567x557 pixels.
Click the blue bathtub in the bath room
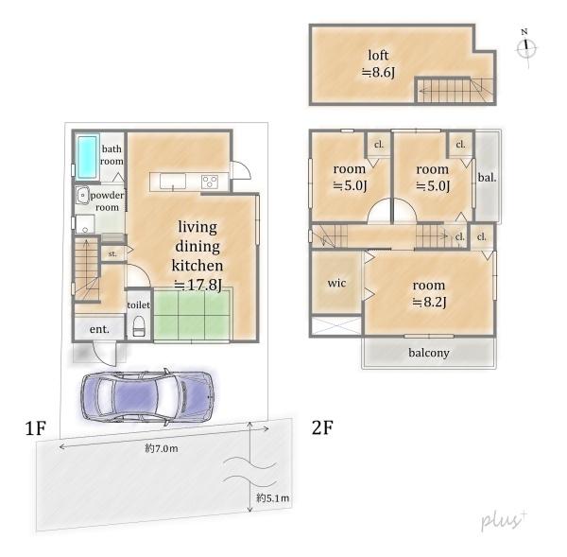point(88,157)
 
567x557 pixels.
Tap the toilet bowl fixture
point(139,326)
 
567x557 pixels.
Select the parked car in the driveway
point(147,396)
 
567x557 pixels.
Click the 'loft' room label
point(378,55)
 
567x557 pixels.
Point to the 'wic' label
point(336,283)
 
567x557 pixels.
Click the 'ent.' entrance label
point(99,329)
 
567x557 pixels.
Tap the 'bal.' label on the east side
point(487,178)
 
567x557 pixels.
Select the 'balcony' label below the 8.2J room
point(429,353)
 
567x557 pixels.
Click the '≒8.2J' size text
point(429,302)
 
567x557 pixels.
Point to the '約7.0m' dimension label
point(162,448)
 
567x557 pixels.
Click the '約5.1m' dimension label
point(273,498)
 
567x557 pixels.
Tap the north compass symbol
point(526,48)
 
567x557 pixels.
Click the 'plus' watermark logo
point(504,520)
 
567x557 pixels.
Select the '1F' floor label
point(36,428)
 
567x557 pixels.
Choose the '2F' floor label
point(322,427)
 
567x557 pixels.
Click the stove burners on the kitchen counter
point(210,182)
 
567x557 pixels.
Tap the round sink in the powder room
point(83,196)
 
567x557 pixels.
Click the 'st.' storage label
point(112,253)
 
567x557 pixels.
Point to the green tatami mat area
point(192,315)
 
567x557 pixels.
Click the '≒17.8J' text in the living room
point(198,285)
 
